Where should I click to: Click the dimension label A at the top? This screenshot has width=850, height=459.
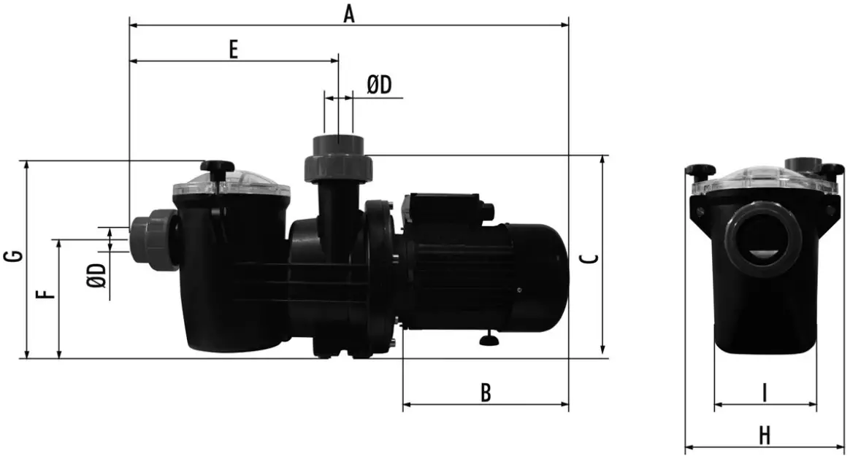[349, 12]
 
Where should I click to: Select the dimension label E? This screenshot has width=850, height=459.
[233, 49]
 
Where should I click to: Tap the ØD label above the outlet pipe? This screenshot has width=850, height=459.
[379, 85]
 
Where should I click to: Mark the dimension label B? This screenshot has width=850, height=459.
[485, 393]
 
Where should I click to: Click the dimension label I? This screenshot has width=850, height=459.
[764, 393]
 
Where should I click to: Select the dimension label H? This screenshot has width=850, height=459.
[764, 436]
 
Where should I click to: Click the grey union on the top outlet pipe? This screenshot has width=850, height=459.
[337, 160]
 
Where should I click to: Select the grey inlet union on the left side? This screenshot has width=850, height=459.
[154, 239]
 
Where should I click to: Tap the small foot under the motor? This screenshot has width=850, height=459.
[488, 339]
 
